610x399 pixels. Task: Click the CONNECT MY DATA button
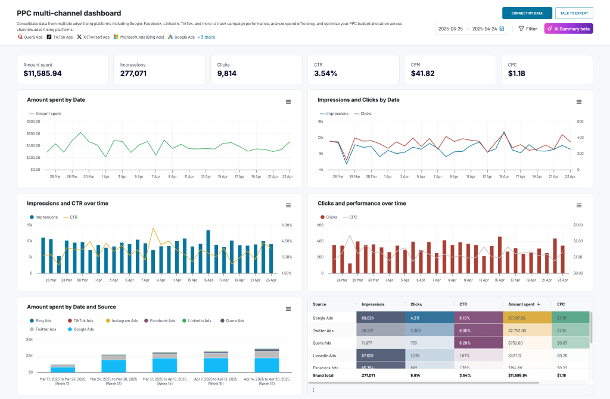pyautogui.click(x=527, y=13)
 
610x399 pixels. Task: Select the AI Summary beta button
pyautogui.click(x=568, y=29)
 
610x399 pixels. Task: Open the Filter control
pyautogui.click(x=527, y=29)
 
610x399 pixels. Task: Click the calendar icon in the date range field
pyautogui.click(x=502, y=29)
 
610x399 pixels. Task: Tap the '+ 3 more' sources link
pyautogui.click(x=206, y=37)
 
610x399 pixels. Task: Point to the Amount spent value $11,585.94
pyautogui.click(x=42, y=74)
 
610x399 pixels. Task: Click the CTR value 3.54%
pyautogui.click(x=326, y=74)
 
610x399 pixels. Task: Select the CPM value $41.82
pyautogui.click(x=422, y=74)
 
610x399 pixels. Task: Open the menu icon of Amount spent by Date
pyautogui.click(x=288, y=102)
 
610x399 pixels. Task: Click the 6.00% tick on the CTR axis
pyautogui.click(x=286, y=225)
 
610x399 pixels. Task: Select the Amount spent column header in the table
pyautogui.click(x=521, y=304)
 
